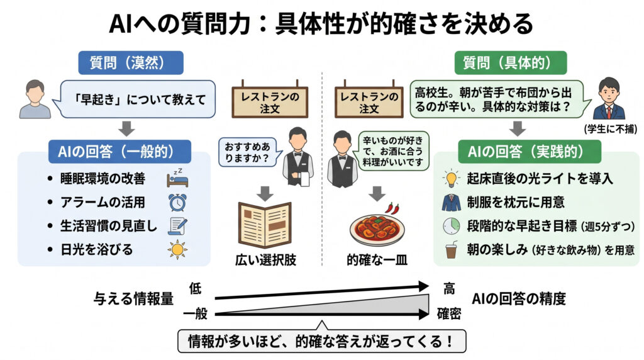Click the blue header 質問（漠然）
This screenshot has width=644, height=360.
coord(130,63)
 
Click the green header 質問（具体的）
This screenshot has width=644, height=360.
coord(510,63)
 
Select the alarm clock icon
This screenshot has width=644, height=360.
coord(177,201)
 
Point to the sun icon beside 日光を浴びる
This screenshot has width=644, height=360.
coord(177,250)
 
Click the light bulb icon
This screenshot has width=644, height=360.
coord(452,178)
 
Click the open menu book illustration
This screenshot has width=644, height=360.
coord(264,225)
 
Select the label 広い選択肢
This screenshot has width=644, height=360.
coord(264,259)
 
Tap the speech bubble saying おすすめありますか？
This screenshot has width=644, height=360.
coord(247,152)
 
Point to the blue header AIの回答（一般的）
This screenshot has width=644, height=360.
coord(120,152)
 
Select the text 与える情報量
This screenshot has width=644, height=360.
coord(133,299)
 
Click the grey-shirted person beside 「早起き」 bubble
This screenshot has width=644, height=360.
coord(35,99)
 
